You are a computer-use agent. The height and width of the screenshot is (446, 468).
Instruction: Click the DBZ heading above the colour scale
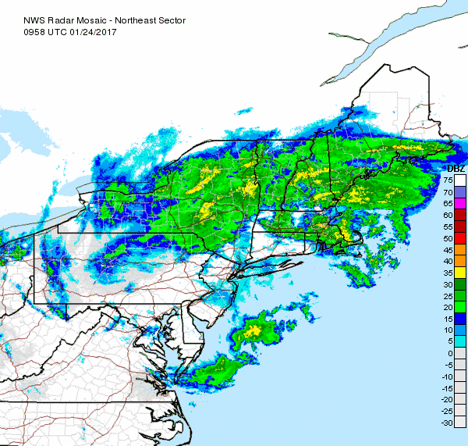click(x=456, y=169)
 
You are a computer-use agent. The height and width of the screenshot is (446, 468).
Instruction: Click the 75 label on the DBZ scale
click(x=448, y=180)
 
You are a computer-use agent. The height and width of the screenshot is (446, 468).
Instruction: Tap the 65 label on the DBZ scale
click(x=448, y=203)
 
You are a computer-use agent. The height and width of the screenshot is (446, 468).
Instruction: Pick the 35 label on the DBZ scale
click(x=448, y=272)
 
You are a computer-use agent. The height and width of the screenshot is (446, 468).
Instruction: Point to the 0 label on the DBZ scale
click(x=451, y=353)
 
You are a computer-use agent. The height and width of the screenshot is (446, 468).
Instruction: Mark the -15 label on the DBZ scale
click(x=447, y=387)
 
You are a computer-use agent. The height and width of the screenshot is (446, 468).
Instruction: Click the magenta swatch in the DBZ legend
click(x=460, y=203)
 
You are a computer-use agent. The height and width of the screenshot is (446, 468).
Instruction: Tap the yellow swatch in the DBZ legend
click(x=460, y=272)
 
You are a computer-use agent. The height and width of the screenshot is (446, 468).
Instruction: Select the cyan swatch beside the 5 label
click(x=460, y=341)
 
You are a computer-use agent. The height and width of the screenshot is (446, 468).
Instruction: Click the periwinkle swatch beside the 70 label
click(x=460, y=191)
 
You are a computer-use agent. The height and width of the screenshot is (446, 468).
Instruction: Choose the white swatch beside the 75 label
click(x=460, y=180)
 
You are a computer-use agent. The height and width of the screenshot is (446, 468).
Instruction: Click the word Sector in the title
click(x=168, y=8)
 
